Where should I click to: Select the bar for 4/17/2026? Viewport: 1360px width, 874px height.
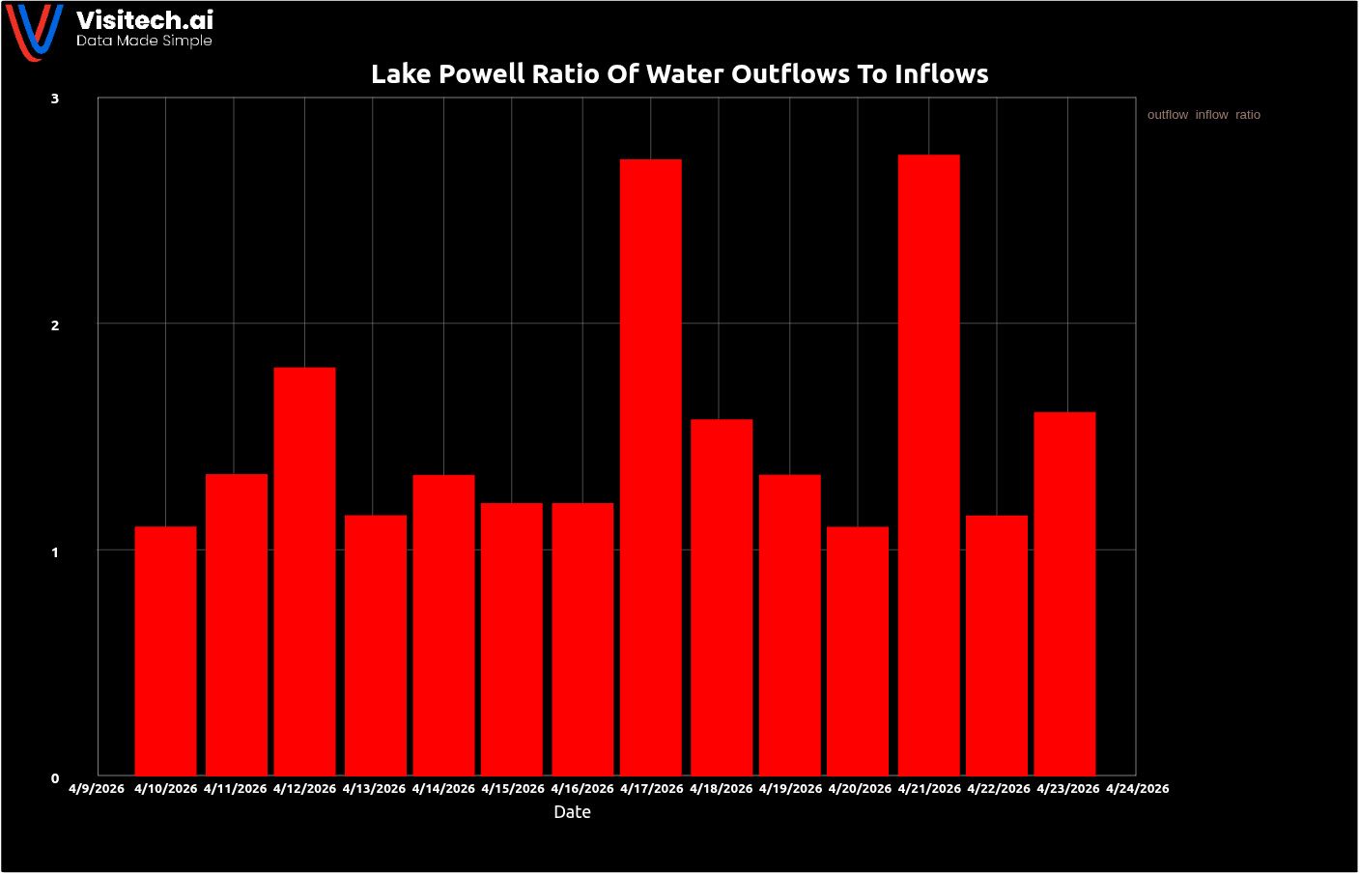pyautogui.click(x=650, y=467)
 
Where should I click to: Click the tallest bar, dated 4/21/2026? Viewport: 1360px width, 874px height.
pyautogui.click(x=928, y=465)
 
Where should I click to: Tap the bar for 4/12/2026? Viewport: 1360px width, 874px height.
pyautogui.click(x=304, y=571)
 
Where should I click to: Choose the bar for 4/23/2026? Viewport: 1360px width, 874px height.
pyautogui.click(x=1064, y=593)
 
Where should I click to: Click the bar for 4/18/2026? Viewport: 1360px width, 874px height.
pyautogui.click(x=722, y=597)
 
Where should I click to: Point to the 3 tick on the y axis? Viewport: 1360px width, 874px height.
pyautogui.click(x=55, y=99)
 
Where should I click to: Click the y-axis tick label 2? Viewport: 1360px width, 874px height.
pyautogui.click(x=55, y=325)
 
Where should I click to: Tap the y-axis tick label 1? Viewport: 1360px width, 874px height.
pyautogui.click(x=55, y=552)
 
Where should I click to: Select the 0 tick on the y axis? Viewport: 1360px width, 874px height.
pyautogui.click(x=55, y=778)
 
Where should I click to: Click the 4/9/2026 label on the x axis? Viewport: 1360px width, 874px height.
pyautogui.click(x=97, y=789)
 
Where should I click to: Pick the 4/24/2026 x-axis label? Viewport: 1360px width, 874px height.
pyautogui.click(x=1137, y=789)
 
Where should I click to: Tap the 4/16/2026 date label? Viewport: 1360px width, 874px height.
pyautogui.click(x=582, y=789)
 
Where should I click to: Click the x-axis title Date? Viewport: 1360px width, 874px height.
pyautogui.click(x=572, y=812)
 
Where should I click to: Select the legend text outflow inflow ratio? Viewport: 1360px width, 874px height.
pyautogui.click(x=1204, y=115)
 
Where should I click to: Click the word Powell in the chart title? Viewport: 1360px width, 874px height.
pyautogui.click(x=485, y=74)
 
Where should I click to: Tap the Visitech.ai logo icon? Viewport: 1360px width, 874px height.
pyautogui.click(x=35, y=31)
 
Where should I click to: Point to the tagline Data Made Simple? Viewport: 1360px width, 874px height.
pyautogui.click(x=144, y=41)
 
